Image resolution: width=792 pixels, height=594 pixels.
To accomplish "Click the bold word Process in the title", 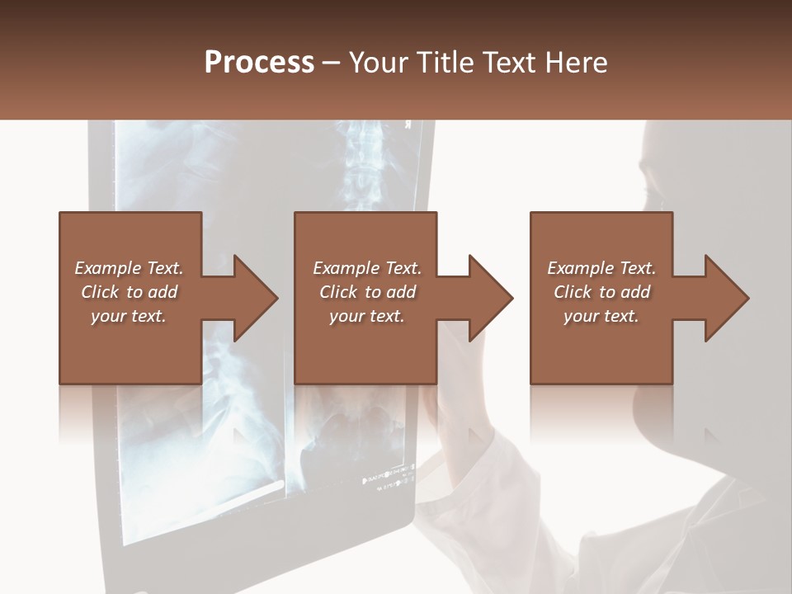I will pos(259,63).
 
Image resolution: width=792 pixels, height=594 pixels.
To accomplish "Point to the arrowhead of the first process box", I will pos(255,298).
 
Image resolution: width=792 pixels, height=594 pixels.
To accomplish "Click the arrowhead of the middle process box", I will pos(491,298).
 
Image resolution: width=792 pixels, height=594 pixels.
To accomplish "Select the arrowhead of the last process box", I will pos(726,298).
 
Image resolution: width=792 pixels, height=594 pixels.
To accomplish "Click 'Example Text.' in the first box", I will pos(129,268).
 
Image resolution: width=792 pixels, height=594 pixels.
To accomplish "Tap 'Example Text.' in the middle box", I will pos(367,268).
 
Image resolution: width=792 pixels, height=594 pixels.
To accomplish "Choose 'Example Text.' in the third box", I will pos(601,268).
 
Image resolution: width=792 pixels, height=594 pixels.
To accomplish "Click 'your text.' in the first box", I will pos(129,316).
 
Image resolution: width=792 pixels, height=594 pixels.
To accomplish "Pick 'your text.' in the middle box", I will pos(367,316).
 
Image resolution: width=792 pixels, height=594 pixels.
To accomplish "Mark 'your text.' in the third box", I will pos(601,316).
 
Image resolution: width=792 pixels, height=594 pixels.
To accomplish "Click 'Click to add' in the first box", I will pos(129,292).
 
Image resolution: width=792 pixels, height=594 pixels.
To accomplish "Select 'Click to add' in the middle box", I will pos(367,292).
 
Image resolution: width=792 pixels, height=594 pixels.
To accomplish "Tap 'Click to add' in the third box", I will pos(601,292).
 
